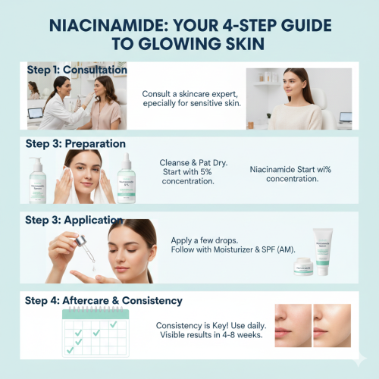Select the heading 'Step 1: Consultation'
click(x=77, y=70)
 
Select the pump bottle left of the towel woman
click(x=36, y=180)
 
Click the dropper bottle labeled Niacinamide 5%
click(x=126, y=180)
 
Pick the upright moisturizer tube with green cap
click(x=324, y=252)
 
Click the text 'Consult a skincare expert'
click(x=190, y=94)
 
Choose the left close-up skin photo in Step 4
click(x=293, y=325)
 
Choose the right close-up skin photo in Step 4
click(x=334, y=325)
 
